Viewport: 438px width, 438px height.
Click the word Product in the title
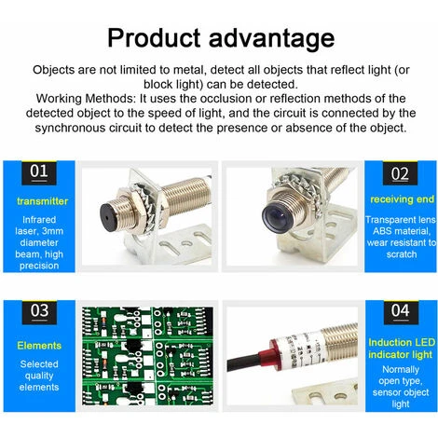pyautogui.click(x=154, y=37)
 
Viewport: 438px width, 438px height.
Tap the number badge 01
pyautogui.click(x=39, y=172)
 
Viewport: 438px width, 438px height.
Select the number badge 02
pyautogui.click(x=400, y=173)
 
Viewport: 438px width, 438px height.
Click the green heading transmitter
pyautogui.click(x=43, y=201)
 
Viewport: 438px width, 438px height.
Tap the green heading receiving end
pyautogui.click(x=402, y=199)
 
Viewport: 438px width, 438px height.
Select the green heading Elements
pyautogui.click(x=39, y=346)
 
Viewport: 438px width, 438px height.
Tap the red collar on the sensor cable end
pyautogui.click(x=275, y=355)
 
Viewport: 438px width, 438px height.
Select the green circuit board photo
pyautogui.click(x=148, y=356)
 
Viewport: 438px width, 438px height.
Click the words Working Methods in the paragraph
pyautogui.click(x=85, y=99)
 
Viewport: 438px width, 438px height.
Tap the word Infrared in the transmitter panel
pyautogui.click(x=39, y=220)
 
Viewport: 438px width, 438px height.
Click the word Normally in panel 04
pyautogui.click(x=401, y=370)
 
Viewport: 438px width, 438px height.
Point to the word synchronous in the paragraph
pyautogui.click(x=70, y=128)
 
